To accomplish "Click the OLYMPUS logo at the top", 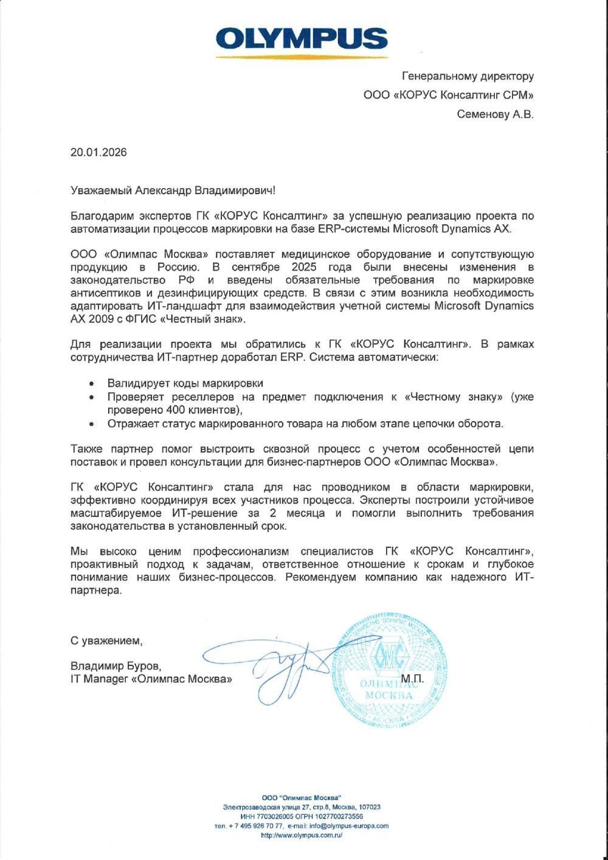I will [302, 39].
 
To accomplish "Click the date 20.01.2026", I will [98, 152].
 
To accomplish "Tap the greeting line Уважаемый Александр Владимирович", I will [173, 190].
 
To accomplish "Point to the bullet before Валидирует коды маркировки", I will [91, 384].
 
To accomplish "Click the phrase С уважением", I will [106, 640].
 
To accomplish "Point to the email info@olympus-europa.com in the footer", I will [348, 826].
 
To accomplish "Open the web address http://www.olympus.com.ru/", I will [302, 836].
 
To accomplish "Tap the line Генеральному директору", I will [468, 76].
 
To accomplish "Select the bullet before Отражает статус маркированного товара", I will [91, 423].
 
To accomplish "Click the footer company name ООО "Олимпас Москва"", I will [302, 797].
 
